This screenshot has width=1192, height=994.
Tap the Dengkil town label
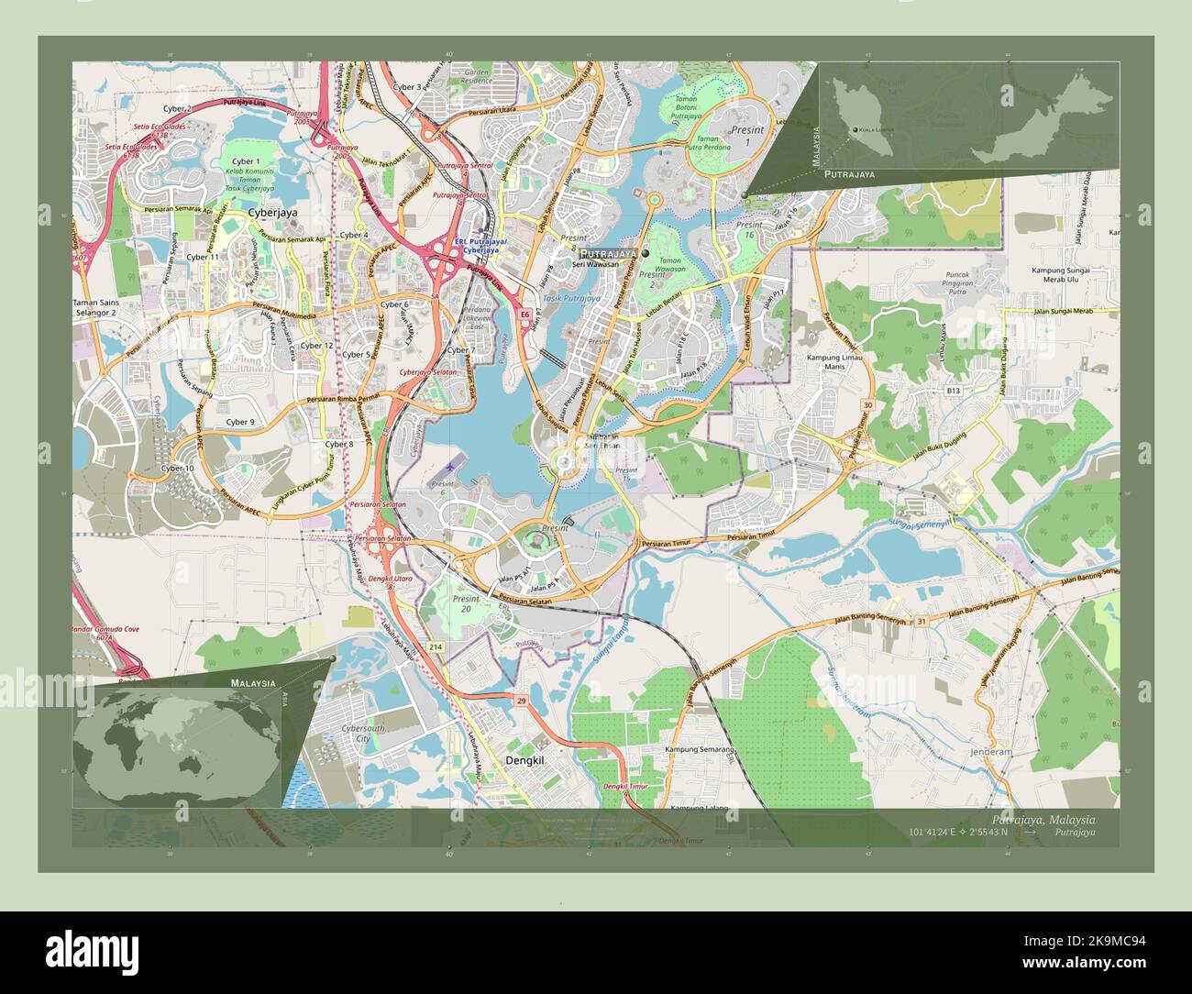click(x=526, y=760)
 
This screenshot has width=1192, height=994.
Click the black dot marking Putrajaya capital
click(x=646, y=253)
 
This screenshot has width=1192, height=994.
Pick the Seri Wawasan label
click(x=594, y=264)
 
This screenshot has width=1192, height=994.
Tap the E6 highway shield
click(x=524, y=314)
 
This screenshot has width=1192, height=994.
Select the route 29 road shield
click(x=522, y=701)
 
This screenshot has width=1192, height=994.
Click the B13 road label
click(x=955, y=391)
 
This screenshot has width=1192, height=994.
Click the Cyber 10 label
click(x=177, y=468)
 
